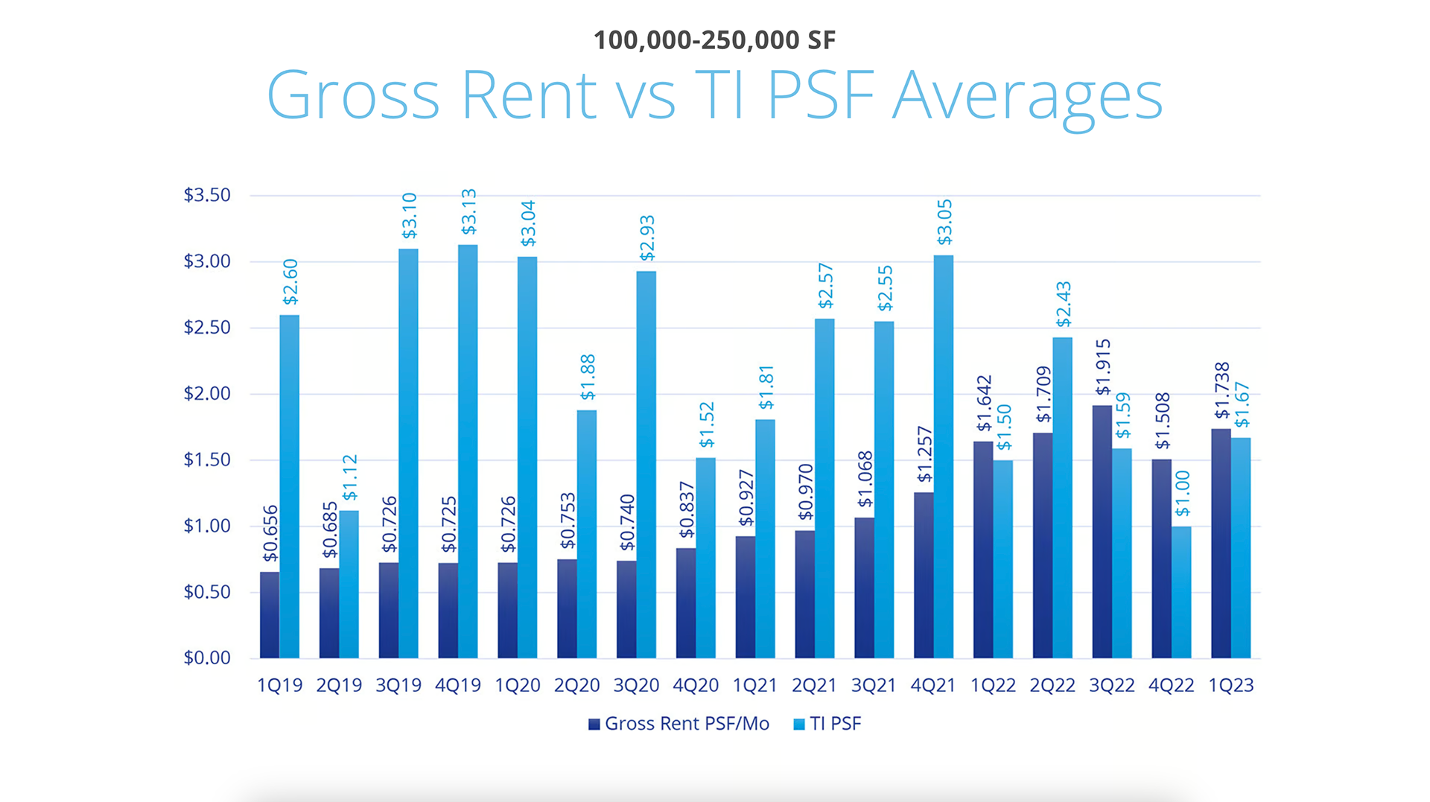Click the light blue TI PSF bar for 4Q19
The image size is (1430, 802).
468,451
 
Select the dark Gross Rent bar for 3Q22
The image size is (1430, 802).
1102,532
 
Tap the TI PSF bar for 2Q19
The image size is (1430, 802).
349,585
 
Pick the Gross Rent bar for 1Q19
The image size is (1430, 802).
270,615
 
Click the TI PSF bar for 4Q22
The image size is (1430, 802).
1181,593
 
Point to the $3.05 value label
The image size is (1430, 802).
944,222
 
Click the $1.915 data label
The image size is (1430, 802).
1103,366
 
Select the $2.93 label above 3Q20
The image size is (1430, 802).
647,238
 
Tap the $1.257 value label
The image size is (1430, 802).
924,454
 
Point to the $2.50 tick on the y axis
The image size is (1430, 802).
207,328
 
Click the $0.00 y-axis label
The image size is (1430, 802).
207,658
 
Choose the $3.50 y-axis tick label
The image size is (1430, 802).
207,195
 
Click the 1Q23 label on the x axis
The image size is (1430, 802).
1230,685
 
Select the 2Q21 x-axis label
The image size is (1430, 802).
814,685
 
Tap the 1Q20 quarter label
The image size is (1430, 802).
518,685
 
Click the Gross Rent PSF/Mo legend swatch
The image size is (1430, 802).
594,725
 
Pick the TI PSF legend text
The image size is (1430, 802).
836,724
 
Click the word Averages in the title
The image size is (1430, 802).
1027,95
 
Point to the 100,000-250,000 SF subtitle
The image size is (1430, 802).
714,40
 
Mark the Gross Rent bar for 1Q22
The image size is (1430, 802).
983,550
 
